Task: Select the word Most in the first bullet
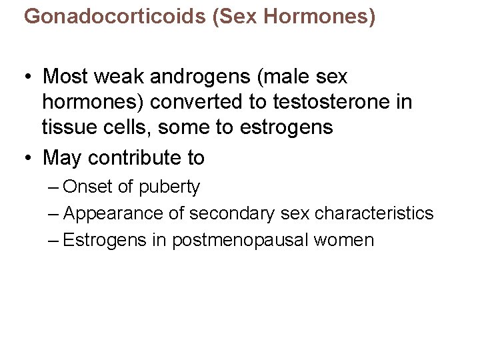coord(65,77)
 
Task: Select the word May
coord(62,159)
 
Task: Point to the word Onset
coord(88,187)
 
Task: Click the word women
coord(345,241)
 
